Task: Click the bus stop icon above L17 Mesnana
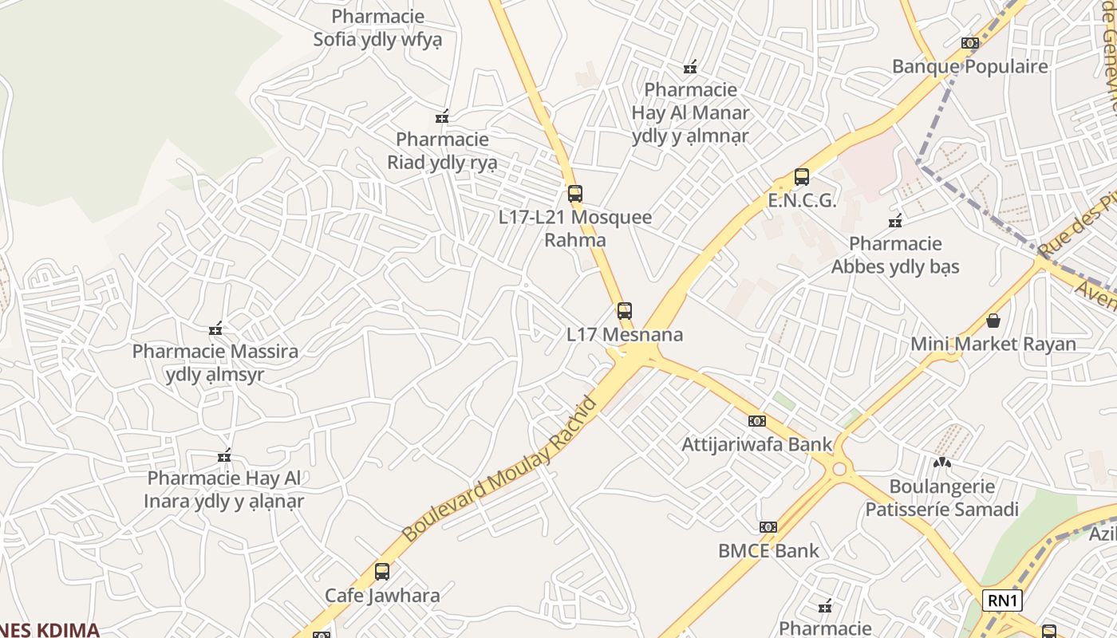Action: (x=625, y=311)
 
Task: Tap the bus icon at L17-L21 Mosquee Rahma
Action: (x=574, y=194)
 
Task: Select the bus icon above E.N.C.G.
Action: (x=802, y=177)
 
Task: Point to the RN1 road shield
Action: (x=1002, y=601)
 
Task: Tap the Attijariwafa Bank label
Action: (x=756, y=444)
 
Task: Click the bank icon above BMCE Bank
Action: (x=768, y=527)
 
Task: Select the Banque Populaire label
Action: (x=969, y=66)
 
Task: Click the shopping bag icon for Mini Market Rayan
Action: (x=993, y=321)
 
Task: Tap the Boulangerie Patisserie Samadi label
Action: (x=941, y=498)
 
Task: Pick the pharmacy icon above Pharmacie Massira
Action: (x=215, y=328)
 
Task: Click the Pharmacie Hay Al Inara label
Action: (x=224, y=490)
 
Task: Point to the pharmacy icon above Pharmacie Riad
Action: (x=442, y=117)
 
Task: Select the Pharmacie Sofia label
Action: (x=377, y=28)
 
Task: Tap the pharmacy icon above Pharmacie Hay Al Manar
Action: (x=690, y=67)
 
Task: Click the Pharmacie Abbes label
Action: (x=895, y=254)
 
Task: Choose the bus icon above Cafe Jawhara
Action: (x=382, y=571)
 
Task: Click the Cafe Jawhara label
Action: (x=382, y=595)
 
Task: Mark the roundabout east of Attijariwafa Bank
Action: (x=839, y=468)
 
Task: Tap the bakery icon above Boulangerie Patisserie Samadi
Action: (x=942, y=462)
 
